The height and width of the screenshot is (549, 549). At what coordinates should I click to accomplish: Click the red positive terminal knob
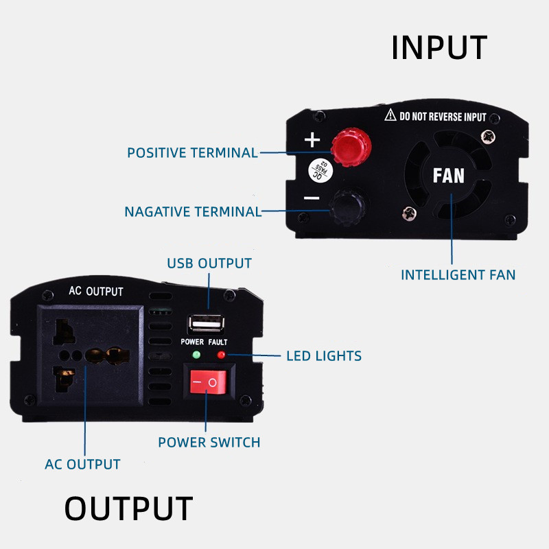tap(351, 147)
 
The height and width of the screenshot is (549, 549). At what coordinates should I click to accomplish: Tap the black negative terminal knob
tap(349, 207)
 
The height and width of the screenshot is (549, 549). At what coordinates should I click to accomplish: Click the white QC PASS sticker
tap(320, 170)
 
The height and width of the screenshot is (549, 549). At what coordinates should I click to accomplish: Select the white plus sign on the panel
tap(312, 140)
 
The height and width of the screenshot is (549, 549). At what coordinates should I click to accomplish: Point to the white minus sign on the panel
tap(312, 198)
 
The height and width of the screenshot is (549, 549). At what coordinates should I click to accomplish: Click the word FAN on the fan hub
tap(449, 176)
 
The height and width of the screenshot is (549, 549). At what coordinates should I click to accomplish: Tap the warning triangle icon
tap(390, 115)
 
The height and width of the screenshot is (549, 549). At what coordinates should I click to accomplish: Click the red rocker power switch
tap(208, 382)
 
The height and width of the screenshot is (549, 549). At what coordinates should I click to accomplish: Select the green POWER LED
tap(196, 355)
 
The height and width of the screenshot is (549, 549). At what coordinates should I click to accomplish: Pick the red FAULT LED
tap(221, 355)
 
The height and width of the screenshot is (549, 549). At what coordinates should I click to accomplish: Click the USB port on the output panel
tap(207, 324)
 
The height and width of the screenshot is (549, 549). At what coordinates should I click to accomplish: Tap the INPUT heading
tap(439, 47)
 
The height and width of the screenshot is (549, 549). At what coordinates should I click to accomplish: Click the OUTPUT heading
tap(129, 509)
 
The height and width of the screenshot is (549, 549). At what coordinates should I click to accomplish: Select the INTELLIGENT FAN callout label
tap(458, 275)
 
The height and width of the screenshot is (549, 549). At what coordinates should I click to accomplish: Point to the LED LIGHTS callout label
tap(324, 355)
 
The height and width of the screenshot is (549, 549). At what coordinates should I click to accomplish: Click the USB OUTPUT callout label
tap(209, 264)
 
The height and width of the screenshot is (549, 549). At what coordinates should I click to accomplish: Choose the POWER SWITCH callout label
tap(209, 442)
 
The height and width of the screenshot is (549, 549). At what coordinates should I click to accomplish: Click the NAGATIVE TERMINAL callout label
tap(193, 212)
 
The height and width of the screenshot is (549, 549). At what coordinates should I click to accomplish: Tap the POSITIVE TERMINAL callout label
tap(193, 152)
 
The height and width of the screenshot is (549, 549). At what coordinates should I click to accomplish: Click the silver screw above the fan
tap(488, 137)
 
